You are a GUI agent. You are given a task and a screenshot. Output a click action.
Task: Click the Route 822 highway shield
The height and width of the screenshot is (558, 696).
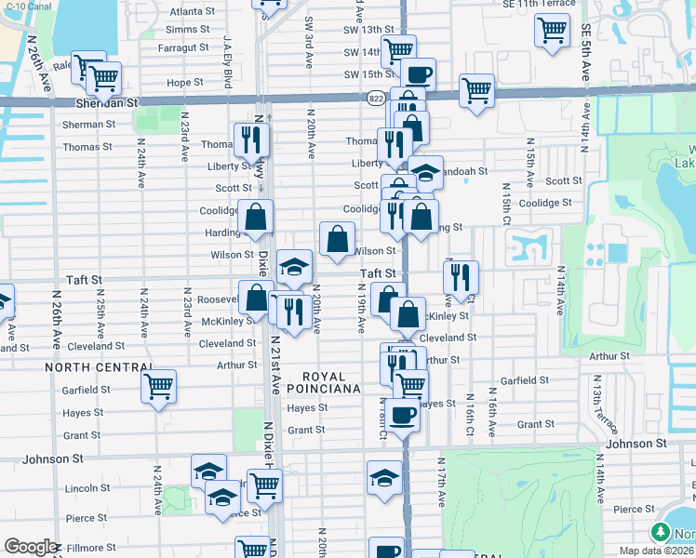click(x=375, y=96)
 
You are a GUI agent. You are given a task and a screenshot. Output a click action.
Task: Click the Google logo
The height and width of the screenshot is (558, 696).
click(x=30, y=548)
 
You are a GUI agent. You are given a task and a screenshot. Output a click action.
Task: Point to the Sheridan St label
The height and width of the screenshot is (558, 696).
click(x=100, y=103)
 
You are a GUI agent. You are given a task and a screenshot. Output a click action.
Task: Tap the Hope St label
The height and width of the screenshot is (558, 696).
click(x=185, y=83)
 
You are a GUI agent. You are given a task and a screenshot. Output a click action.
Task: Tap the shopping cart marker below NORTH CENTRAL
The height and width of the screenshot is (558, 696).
click(x=159, y=384)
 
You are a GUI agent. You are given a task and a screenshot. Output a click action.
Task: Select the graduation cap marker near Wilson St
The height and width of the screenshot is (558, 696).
click(x=294, y=267)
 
